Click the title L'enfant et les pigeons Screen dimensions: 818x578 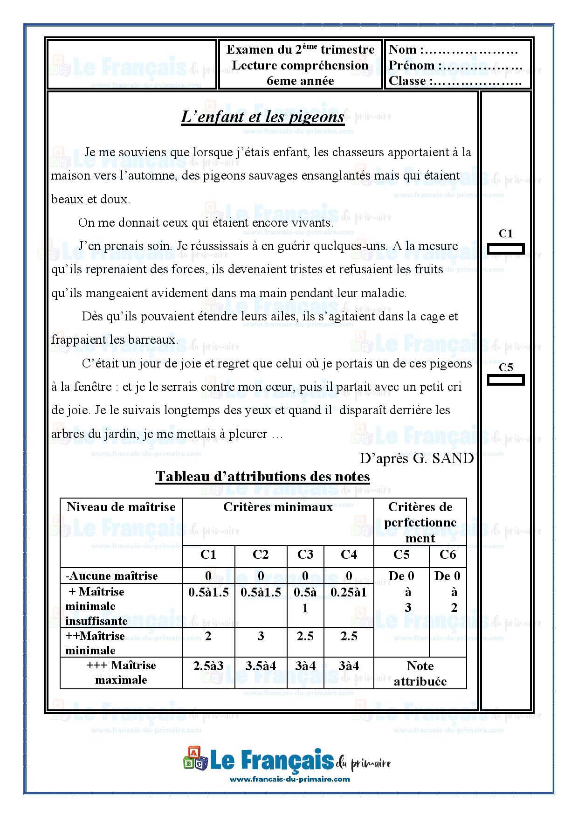262,117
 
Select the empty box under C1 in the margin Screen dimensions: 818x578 506,249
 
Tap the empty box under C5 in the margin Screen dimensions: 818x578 506,380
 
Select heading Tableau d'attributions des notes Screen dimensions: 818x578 262,476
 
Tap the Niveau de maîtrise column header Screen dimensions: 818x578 121,507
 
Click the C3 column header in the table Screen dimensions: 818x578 305,555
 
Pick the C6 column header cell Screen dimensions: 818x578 447,555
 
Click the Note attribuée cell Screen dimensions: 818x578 420,673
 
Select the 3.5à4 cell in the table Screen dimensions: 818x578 261,666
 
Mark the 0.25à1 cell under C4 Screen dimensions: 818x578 349,592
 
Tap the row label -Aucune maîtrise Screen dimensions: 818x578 112,575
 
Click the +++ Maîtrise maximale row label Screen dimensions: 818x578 121,672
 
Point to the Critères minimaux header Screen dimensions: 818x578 278,507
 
